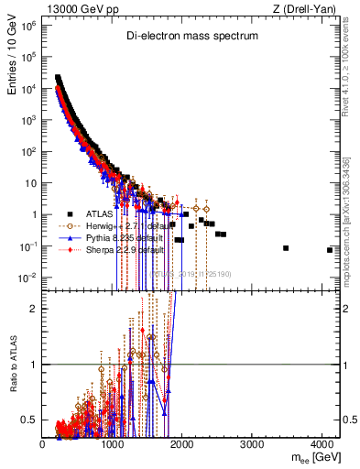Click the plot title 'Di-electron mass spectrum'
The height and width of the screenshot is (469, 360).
click(x=191, y=36)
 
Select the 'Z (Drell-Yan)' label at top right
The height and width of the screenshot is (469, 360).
click(x=309, y=8)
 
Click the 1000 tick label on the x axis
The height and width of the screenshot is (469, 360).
click(x=113, y=444)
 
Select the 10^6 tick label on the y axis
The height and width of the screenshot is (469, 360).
click(x=29, y=26)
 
